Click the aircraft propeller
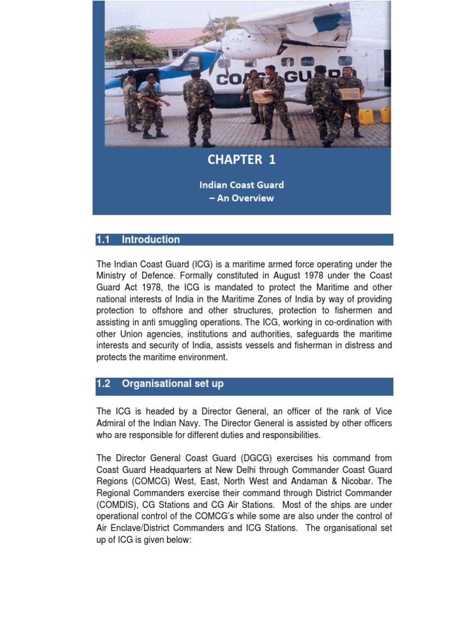pos(216,48)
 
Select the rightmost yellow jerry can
pos(385,114)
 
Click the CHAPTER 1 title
pos(241,159)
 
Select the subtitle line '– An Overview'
pos(241,198)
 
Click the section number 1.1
pos(104,240)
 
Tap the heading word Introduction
pos(151,240)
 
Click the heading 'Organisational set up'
pos(172,384)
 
